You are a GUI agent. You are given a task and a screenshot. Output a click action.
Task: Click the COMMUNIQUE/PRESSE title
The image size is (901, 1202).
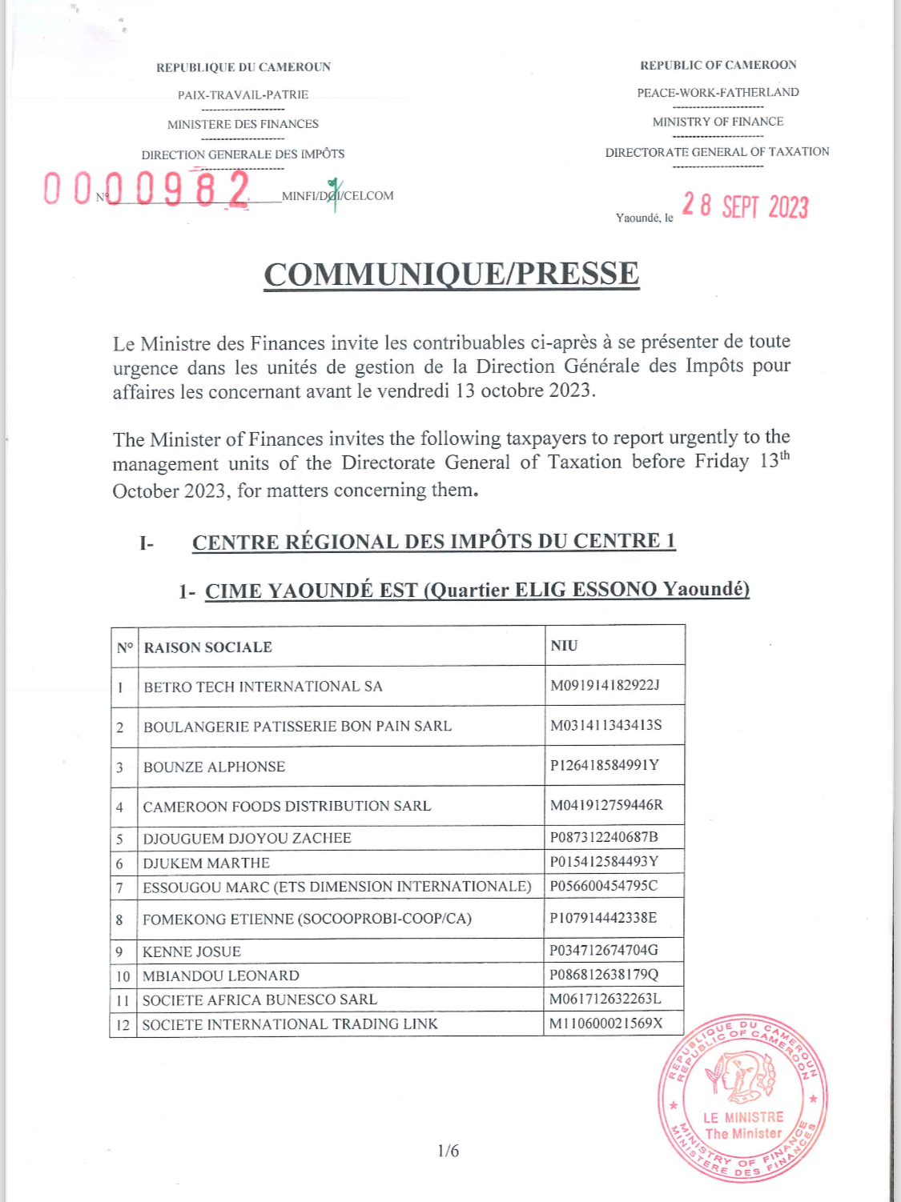point(452,274)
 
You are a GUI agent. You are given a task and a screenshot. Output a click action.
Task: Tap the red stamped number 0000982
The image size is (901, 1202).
point(147,190)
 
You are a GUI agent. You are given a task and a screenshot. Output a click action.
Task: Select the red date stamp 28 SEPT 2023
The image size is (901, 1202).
point(745,206)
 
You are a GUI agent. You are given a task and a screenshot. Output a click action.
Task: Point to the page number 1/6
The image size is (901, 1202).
point(448,1151)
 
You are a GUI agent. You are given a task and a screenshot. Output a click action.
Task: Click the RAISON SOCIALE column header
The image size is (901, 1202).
point(208,647)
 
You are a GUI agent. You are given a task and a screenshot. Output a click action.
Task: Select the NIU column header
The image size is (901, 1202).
point(564,646)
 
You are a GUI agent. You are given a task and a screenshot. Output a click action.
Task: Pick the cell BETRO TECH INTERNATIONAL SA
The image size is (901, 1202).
point(263,687)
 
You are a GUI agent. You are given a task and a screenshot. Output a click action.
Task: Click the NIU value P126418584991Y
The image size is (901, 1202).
point(605,765)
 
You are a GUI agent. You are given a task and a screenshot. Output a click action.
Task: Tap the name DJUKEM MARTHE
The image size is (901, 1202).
point(207,863)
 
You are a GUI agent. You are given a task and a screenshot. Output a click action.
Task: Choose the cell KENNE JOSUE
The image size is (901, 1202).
point(192,952)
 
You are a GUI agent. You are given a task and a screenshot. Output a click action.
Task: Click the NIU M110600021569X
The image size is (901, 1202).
point(606,1024)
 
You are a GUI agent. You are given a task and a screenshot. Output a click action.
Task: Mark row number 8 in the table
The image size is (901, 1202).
point(119,920)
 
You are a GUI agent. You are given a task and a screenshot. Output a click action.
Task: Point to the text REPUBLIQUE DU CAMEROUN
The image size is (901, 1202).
point(243,67)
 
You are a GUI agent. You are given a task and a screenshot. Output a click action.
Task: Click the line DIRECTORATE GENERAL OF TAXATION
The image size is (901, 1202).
point(717,152)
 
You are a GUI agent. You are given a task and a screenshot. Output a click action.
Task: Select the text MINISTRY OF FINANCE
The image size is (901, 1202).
point(718,122)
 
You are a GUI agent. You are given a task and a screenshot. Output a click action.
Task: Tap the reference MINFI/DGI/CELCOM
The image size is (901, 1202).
point(337,196)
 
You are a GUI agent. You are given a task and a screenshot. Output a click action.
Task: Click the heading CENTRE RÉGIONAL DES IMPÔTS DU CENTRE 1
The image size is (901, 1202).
point(433,542)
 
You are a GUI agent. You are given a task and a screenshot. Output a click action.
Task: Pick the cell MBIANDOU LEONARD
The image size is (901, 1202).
point(221,976)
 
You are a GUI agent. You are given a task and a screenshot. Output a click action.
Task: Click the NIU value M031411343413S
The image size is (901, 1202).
point(606,725)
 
